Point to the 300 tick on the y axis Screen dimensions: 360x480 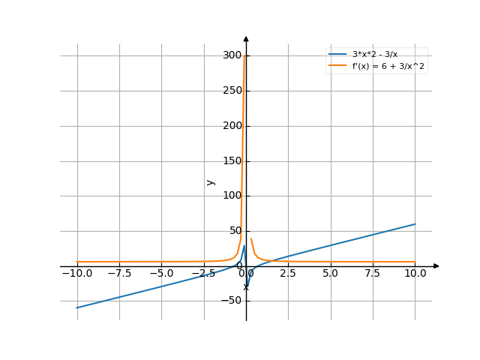[232, 55]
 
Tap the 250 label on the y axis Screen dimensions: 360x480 [232, 91]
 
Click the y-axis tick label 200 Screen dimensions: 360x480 [232, 126]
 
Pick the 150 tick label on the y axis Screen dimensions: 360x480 [232, 160]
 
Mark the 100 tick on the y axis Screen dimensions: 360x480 [232, 196]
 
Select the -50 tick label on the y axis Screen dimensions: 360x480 [232, 301]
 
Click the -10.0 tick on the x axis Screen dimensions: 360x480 [77, 274]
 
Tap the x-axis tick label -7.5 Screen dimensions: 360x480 [118, 274]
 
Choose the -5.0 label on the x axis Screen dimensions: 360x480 [161, 274]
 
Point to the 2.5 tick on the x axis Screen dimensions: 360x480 [288, 274]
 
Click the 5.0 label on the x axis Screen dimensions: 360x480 [330, 274]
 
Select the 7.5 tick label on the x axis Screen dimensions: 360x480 [373, 274]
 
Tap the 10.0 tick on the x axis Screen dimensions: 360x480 [415, 274]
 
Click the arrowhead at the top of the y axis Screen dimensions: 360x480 [246, 37]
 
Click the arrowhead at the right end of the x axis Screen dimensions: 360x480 [436, 265]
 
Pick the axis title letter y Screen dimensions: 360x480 [211, 181]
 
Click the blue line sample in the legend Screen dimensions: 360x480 [337, 55]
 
